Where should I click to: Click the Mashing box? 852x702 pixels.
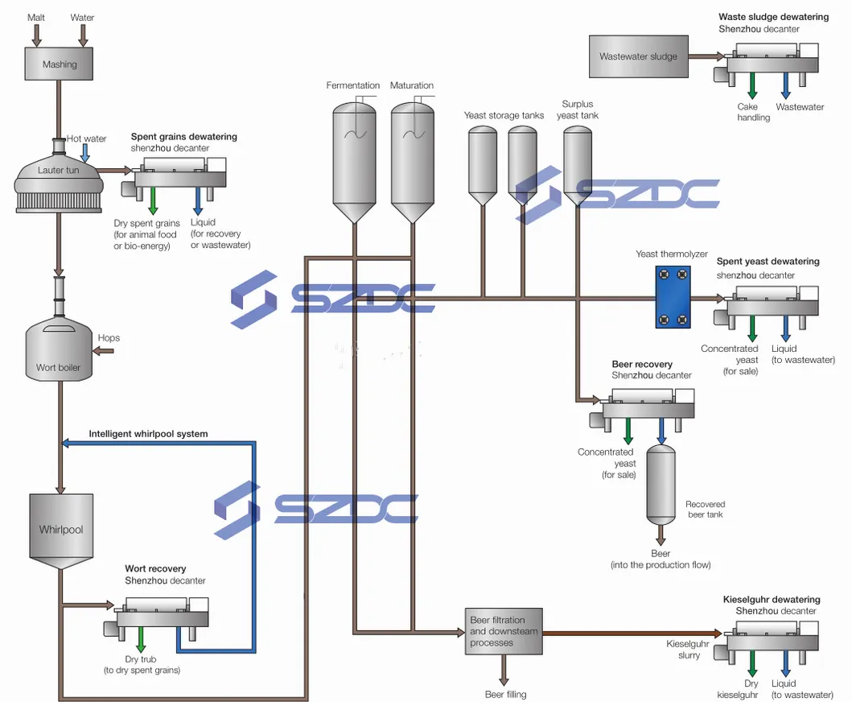(x=59, y=64)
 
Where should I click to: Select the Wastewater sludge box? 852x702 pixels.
(x=638, y=56)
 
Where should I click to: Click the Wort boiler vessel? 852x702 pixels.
(x=59, y=349)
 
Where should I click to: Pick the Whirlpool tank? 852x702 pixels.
(x=61, y=528)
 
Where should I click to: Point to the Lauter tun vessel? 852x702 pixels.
(x=58, y=179)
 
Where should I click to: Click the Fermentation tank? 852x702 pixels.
(x=354, y=161)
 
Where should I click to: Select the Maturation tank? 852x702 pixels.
(x=412, y=161)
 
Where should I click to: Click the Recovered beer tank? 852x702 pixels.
(x=661, y=481)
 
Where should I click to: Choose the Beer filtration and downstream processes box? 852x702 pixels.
(x=503, y=631)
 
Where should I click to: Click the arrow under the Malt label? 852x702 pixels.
(x=36, y=34)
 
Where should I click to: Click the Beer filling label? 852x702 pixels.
(x=505, y=694)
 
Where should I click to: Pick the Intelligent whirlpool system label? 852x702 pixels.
(x=148, y=434)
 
